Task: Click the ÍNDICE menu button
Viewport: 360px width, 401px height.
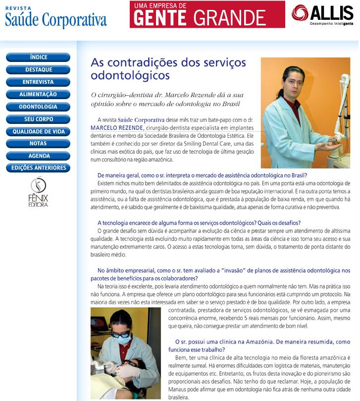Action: [x=38, y=57]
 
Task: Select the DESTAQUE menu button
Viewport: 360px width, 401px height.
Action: [x=38, y=70]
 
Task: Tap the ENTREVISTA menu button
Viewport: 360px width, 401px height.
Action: [x=38, y=82]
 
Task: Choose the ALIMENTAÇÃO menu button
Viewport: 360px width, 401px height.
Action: [x=38, y=94]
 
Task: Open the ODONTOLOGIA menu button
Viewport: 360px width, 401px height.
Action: [x=38, y=107]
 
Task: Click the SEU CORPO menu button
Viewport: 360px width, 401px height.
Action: [x=38, y=119]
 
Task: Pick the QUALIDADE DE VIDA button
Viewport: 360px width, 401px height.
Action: [x=38, y=131]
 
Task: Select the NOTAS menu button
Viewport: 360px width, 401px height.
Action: [x=38, y=143]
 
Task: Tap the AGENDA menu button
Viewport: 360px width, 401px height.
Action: [x=38, y=156]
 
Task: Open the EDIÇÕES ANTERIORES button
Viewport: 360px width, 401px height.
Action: [x=38, y=168]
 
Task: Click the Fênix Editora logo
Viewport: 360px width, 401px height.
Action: [x=38, y=192]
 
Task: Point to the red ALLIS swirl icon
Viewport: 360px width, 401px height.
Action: [x=300, y=13]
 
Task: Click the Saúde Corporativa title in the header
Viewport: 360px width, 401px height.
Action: [x=55, y=20]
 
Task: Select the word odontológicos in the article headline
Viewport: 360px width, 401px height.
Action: [x=130, y=75]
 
